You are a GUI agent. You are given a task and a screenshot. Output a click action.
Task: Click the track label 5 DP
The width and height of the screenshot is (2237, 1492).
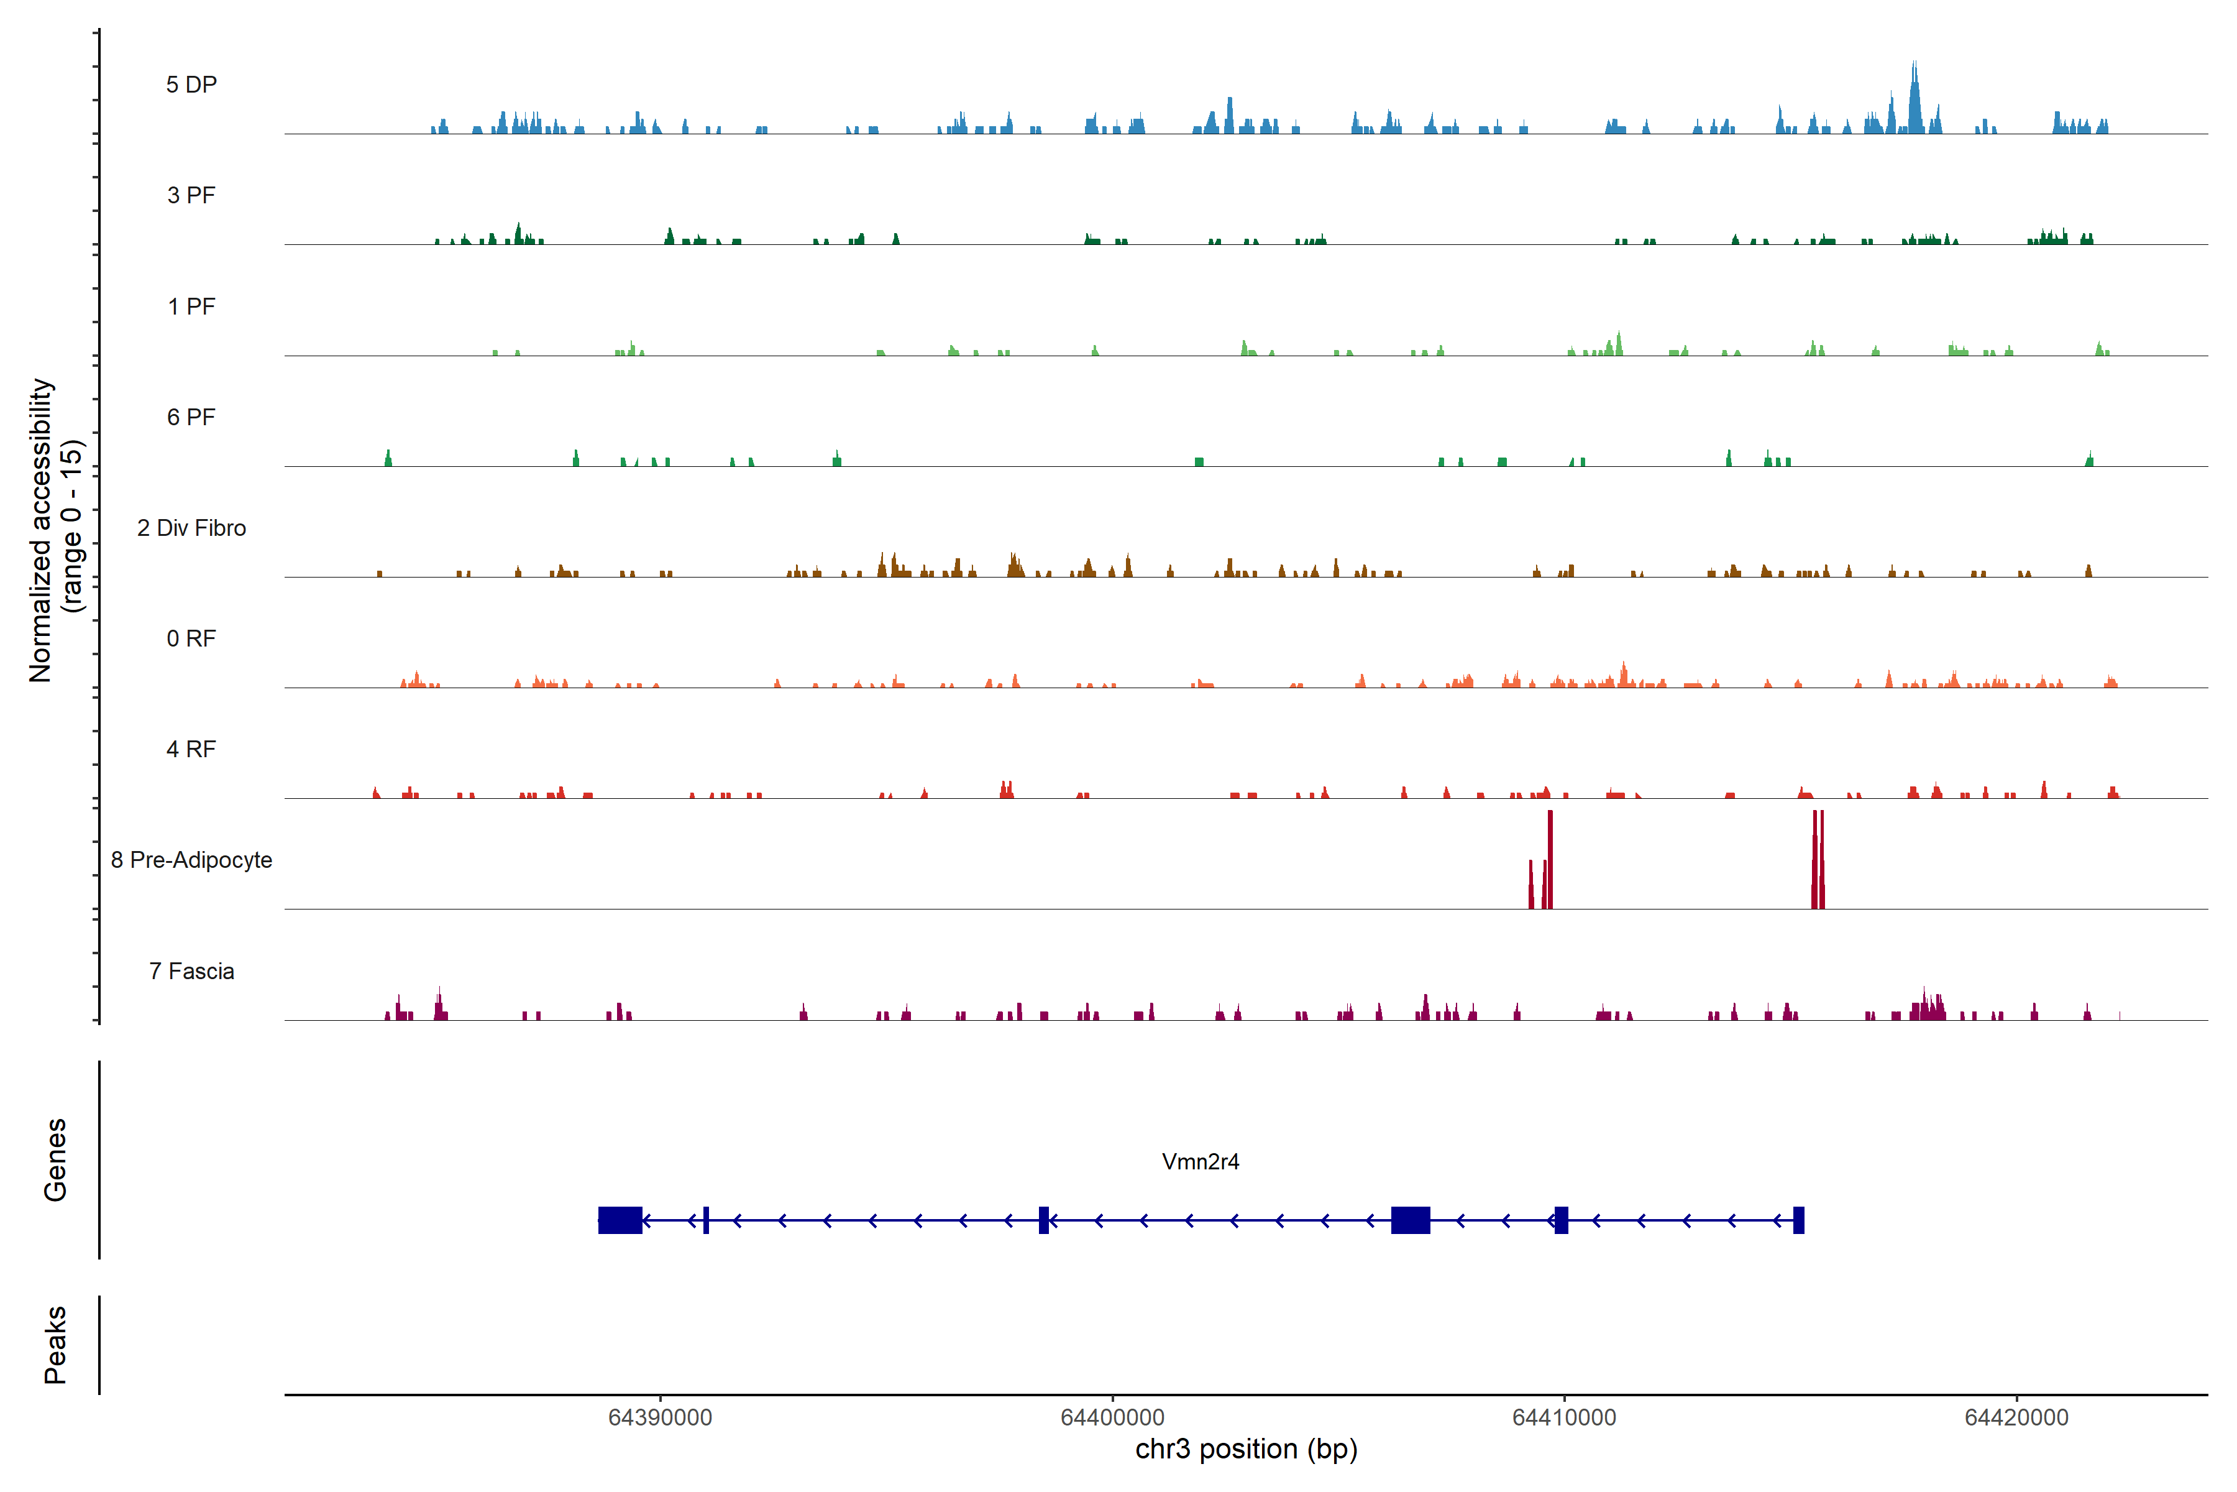point(191,85)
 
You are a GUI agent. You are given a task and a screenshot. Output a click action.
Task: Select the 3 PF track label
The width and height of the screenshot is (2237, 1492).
point(191,196)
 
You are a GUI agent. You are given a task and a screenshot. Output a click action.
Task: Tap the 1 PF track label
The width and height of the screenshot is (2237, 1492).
point(191,306)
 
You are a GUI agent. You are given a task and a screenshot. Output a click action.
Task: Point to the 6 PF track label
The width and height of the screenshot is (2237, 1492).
point(191,418)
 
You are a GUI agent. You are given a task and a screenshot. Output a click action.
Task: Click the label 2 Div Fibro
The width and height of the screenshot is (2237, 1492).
point(191,528)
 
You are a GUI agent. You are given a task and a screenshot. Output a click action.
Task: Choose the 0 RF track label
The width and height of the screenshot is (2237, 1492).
point(191,638)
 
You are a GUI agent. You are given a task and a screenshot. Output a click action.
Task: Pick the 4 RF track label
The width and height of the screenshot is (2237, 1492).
point(191,750)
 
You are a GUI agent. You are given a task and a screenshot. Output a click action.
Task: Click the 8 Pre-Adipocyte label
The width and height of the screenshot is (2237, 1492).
point(191,860)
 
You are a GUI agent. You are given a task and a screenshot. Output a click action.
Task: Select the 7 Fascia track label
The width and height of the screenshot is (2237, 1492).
point(191,972)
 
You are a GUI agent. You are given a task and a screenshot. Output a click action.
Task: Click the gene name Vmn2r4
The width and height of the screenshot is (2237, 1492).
point(1201,1162)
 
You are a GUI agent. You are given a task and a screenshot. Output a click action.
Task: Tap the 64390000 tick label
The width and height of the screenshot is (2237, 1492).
point(660,1418)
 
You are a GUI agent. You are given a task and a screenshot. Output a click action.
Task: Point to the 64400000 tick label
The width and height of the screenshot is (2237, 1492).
point(1112,1418)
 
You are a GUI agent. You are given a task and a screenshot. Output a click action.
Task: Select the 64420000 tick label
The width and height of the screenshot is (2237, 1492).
point(2016,1418)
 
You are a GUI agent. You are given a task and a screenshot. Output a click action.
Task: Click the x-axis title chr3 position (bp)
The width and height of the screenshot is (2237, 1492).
point(1246,1449)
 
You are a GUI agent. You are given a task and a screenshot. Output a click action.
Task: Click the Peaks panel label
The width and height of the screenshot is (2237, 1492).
point(55,1345)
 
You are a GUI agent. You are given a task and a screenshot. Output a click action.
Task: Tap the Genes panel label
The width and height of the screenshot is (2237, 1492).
point(55,1160)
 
